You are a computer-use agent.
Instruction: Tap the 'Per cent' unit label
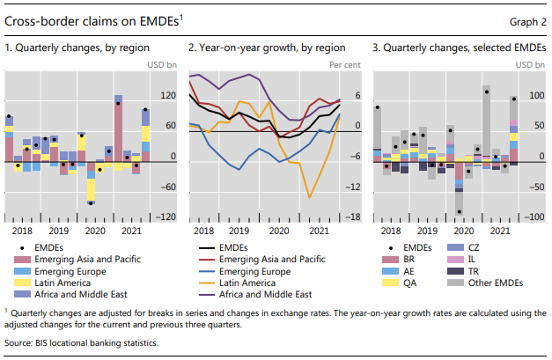point(344,65)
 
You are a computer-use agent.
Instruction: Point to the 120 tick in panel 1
point(166,95)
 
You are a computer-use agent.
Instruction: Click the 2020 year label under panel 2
point(279,231)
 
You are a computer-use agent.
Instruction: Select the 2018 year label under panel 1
point(21,231)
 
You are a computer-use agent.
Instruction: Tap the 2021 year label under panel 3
point(499,231)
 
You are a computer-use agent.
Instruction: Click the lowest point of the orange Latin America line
point(309,198)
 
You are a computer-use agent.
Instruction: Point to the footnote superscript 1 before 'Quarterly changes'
point(7,310)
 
